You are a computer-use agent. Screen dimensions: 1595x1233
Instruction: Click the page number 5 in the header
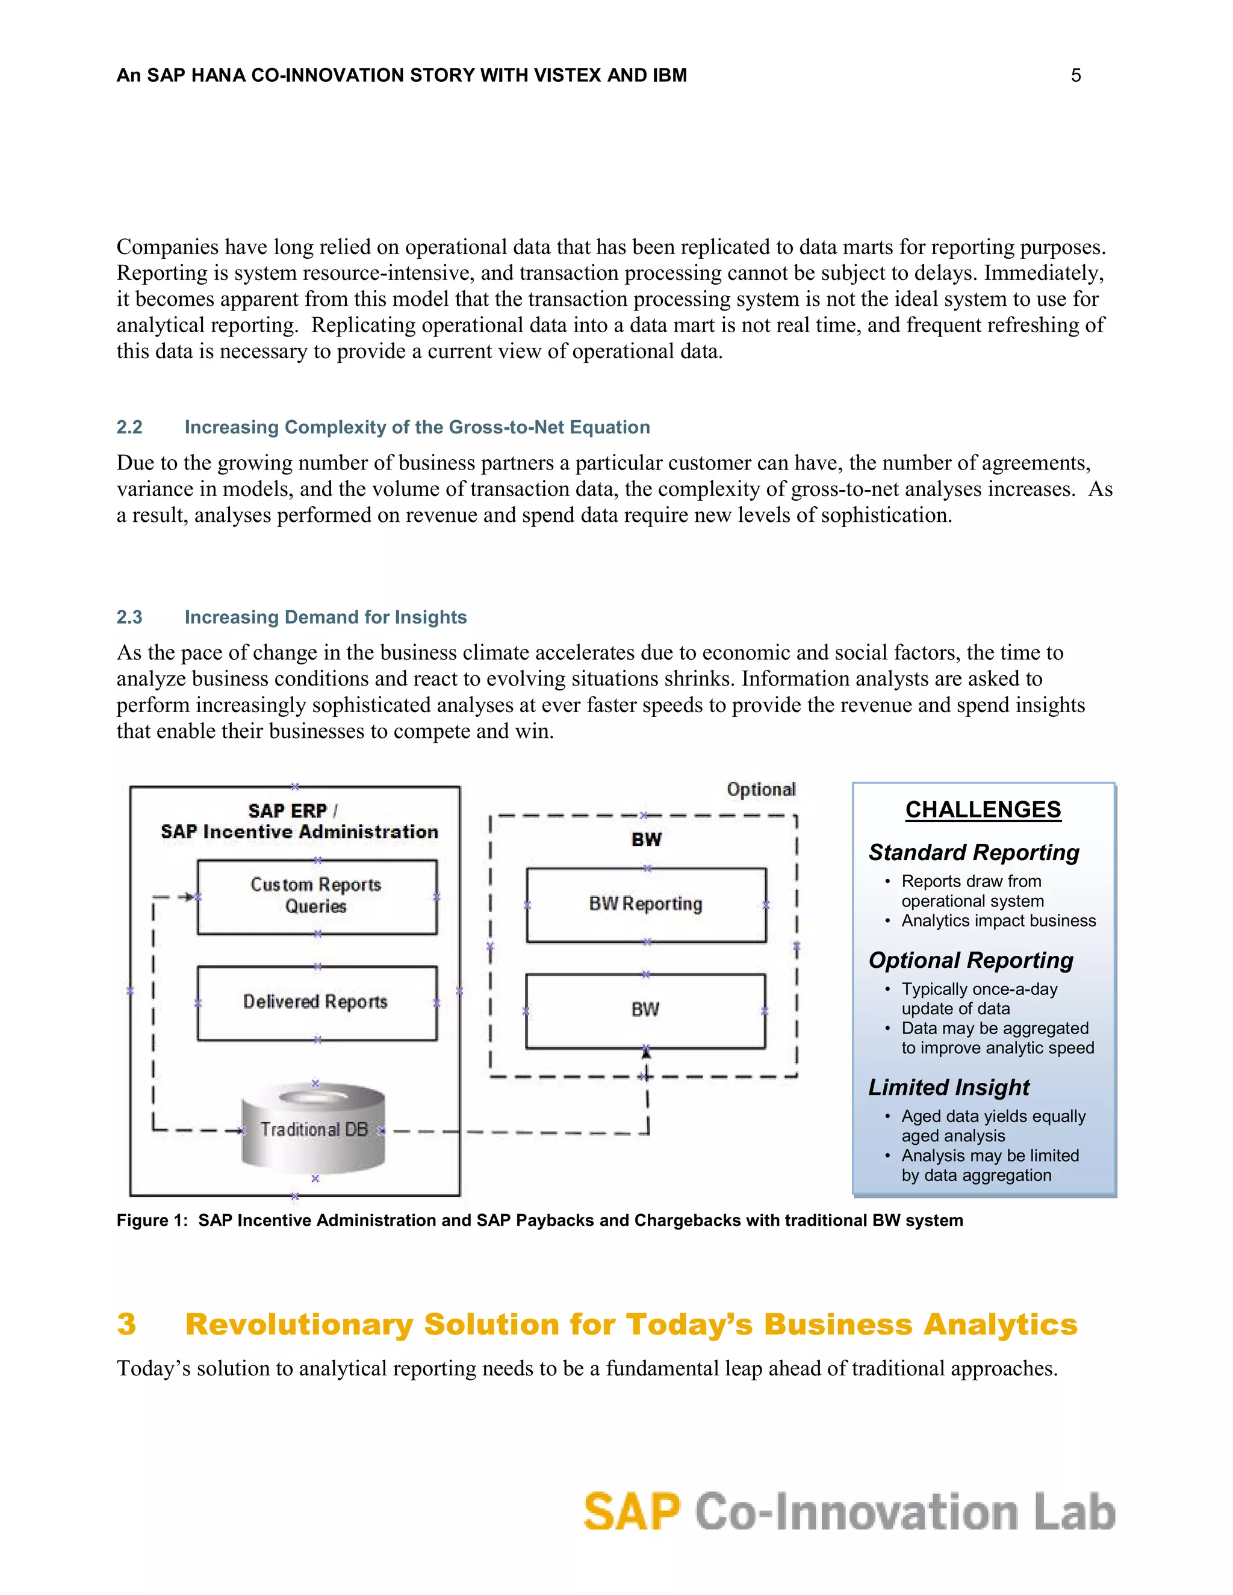point(1075,75)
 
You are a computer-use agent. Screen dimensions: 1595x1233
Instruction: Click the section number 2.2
point(129,427)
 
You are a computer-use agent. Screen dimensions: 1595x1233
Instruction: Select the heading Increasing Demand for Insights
point(325,617)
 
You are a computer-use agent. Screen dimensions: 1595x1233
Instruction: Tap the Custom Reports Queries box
point(316,896)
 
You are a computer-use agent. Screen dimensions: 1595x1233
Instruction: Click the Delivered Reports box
point(316,1002)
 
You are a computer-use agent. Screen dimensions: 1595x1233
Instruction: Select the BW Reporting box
point(646,904)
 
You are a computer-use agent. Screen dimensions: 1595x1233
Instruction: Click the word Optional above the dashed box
point(760,790)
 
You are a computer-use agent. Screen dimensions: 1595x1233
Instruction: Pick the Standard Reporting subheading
point(973,852)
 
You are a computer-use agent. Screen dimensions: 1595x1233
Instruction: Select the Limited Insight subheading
point(948,1088)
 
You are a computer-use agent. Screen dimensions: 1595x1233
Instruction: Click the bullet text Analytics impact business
point(998,921)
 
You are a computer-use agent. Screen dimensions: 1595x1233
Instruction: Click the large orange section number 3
point(126,1324)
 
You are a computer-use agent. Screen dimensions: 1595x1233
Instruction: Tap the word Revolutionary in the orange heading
point(299,1324)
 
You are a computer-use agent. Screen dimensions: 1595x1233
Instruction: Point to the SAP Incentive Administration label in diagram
point(299,832)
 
